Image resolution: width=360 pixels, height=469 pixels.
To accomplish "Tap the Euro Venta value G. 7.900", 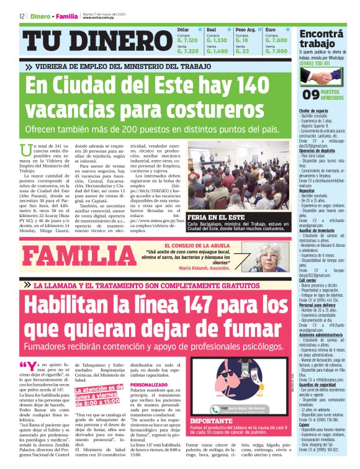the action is click(276, 51).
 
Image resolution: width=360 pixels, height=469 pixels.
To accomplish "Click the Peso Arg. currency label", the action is click(246, 29).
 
